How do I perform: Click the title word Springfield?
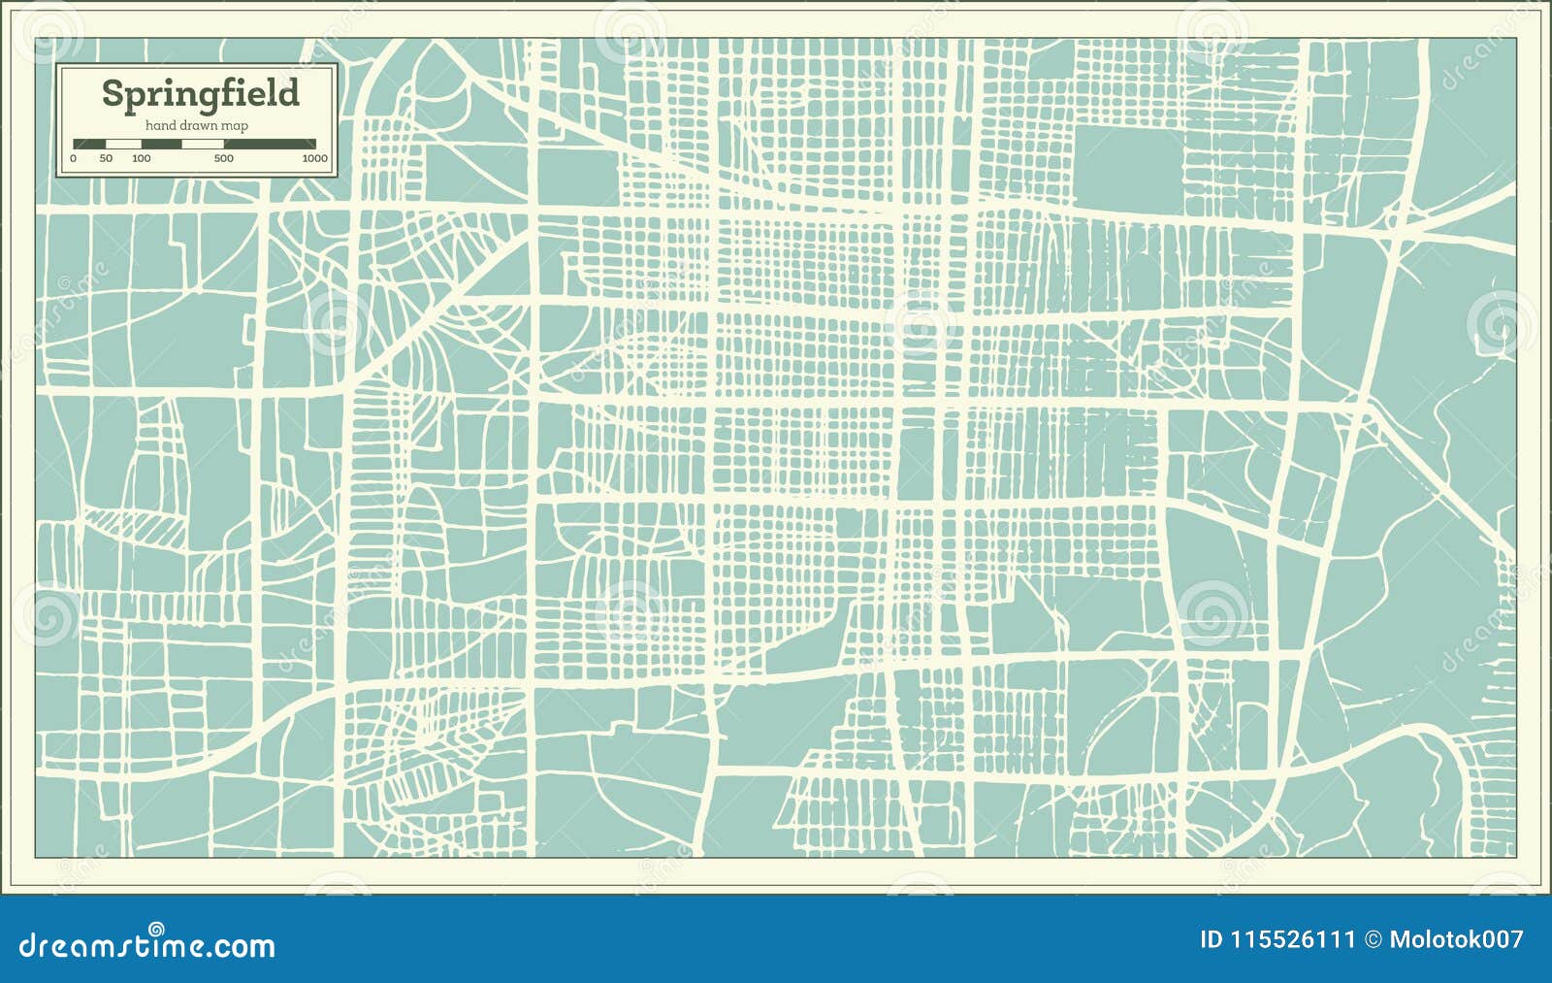click(200, 94)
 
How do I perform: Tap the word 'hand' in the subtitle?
click(160, 126)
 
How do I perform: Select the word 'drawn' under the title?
click(198, 126)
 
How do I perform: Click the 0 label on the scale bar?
click(74, 158)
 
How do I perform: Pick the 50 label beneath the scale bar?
click(106, 158)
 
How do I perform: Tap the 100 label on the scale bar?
click(142, 158)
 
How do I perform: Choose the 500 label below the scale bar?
click(223, 158)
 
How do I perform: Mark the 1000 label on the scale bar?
click(314, 158)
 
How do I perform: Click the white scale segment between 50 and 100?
click(123, 144)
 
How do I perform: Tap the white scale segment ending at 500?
click(203, 144)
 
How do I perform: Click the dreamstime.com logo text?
click(147, 945)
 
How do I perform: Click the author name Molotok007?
click(1456, 939)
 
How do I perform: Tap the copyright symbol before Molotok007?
click(1373, 939)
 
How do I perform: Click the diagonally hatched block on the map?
click(136, 524)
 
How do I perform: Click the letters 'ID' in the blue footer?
click(1212, 939)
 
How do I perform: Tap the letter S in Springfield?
click(113, 94)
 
